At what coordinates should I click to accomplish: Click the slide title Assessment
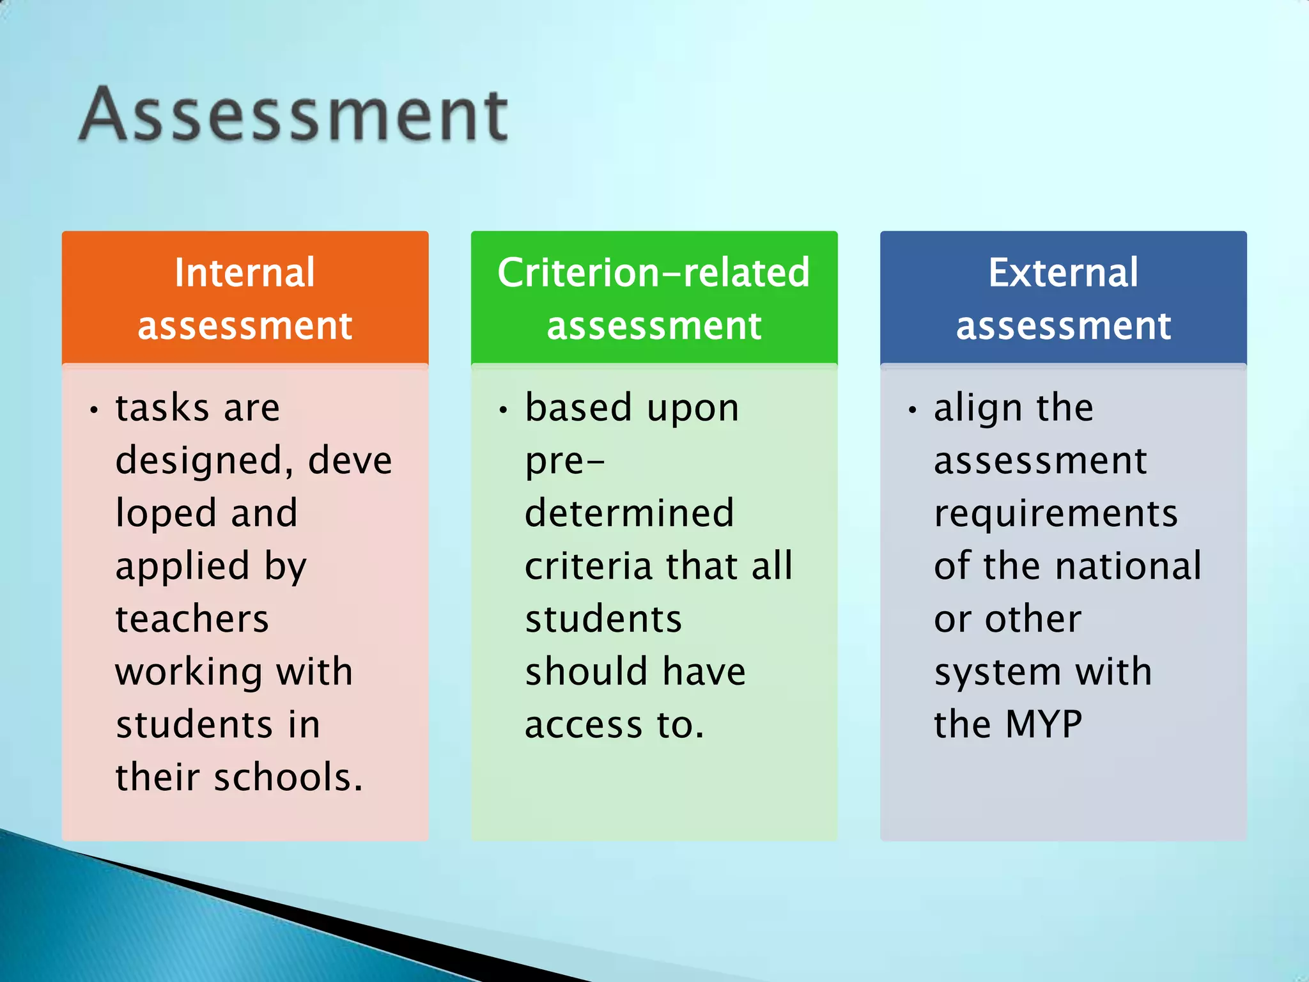tap(293, 115)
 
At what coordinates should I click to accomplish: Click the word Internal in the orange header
tap(245, 273)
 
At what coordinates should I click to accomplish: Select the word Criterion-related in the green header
tap(653, 273)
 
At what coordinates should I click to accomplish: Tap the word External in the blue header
tap(1063, 273)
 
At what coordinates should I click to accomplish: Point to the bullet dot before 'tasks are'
tap(94, 410)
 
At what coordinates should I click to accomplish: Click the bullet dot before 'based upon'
tap(504, 410)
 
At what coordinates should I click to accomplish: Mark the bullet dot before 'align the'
tap(913, 410)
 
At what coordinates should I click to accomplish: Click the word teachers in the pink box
tap(192, 619)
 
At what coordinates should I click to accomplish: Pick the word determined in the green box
tap(630, 513)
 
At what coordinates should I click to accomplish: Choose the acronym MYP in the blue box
tap(1044, 724)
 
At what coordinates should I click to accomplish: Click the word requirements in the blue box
tap(1056, 514)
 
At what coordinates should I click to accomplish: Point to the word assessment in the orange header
tap(245, 326)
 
